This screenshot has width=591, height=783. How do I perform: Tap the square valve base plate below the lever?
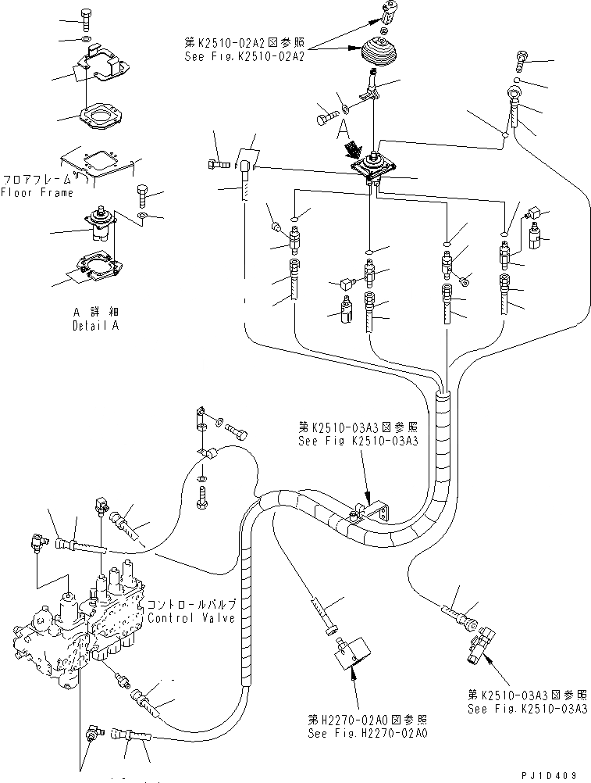tap(375, 169)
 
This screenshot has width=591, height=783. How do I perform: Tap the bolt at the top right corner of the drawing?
tap(522, 57)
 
